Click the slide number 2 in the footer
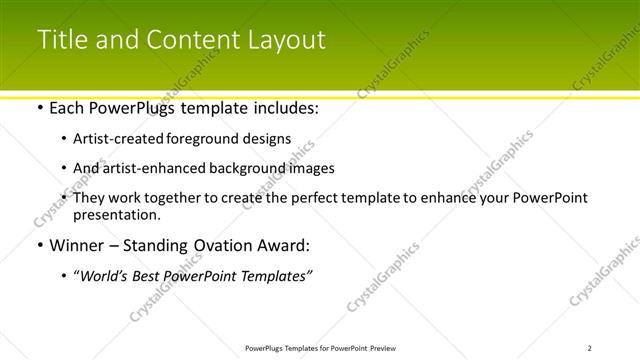tap(589, 348)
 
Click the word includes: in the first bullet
tap(283, 108)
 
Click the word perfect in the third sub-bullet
tap(309, 198)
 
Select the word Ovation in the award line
tap(221, 245)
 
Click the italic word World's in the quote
tap(104, 275)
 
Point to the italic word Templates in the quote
tap(274, 275)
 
